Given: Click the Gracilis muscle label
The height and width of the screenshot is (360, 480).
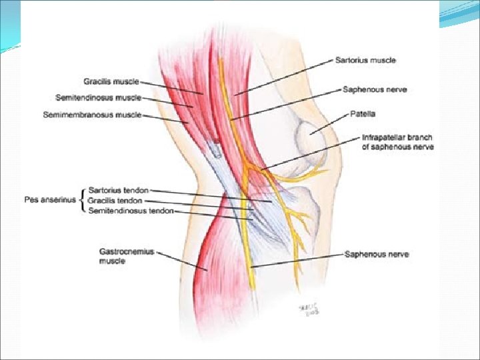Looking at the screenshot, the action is pos(111,81).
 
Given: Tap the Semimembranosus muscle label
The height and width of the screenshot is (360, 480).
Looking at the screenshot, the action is pos(91,115).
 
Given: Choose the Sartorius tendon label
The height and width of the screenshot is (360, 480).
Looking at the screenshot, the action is pos(118,191).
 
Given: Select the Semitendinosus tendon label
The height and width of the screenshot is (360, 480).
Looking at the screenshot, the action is pos(131,211).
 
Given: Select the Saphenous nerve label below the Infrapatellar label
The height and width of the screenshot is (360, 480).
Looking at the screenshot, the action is pos(376,254).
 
